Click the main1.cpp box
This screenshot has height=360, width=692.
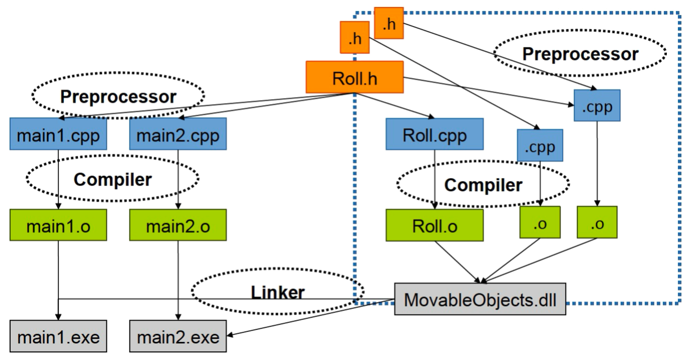point(58,134)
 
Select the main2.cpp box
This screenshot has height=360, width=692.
point(178,134)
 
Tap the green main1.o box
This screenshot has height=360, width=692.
point(58,225)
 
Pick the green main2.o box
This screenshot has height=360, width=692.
point(178,225)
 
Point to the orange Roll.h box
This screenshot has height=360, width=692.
point(355,77)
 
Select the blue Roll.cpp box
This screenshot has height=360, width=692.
point(435,134)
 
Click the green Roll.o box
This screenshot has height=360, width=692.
point(435,225)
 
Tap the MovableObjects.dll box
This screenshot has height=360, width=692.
point(480,300)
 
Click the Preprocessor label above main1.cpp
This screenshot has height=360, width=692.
point(118,96)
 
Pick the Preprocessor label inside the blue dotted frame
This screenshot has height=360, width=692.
point(579,53)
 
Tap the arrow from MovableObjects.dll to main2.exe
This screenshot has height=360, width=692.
point(312,318)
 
